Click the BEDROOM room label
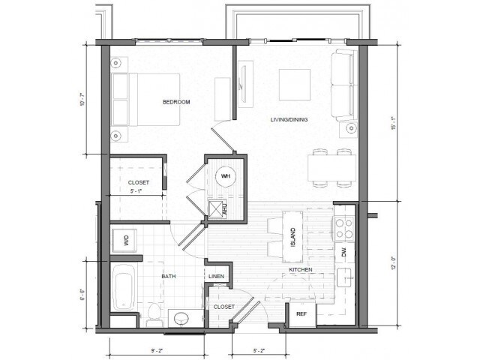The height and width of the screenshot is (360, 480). [x=176, y=102]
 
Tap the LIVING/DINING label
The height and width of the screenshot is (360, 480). [x=289, y=119]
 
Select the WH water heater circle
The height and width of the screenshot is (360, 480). [x=226, y=177]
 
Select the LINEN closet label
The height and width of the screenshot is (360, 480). [x=216, y=277]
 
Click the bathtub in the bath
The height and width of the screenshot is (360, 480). [x=123, y=287]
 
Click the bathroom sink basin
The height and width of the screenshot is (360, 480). [x=181, y=319]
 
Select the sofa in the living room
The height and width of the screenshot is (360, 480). [x=344, y=85]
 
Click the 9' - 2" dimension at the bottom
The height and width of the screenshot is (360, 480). [x=157, y=349]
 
